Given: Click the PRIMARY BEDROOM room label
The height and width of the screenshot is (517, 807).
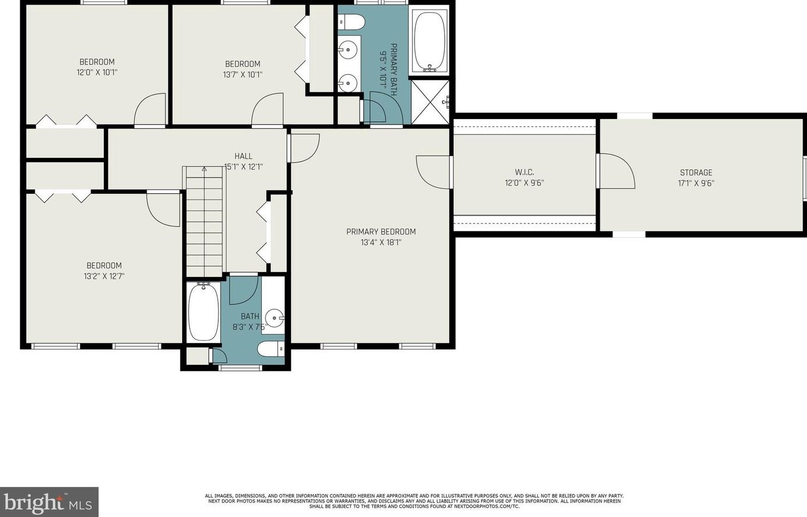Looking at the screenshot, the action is [x=381, y=232].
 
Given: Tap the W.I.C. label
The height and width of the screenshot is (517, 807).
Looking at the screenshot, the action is [x=524, y=172].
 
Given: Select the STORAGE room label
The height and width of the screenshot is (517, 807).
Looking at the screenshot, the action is [x=696, y=172].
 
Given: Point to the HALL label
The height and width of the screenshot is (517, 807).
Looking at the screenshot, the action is [x=243, y=156].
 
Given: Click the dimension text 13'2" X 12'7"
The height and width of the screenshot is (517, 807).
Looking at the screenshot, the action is [x=104, y=276].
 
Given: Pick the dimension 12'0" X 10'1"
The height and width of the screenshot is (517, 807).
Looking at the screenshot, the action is [x=97, y=73].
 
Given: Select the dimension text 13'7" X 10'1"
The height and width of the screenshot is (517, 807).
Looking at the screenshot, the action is [x=243, y=74].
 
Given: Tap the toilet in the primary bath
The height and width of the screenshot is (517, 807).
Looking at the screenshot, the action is [x=351, y=22].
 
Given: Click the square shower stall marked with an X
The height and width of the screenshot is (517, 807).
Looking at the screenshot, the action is [x=430, y=102].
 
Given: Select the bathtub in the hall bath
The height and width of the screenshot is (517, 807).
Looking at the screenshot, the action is [x=203, y=312].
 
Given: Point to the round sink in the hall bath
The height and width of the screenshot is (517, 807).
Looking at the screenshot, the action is [x=275, y=318].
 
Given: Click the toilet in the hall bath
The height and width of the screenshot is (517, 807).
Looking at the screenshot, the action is [x=271, y=349].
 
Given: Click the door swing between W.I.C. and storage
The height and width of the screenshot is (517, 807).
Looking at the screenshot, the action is [x=615, y=171].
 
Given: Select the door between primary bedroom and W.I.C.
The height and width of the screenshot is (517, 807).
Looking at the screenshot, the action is [x=433, y=172].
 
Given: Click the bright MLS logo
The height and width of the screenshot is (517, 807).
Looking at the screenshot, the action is [x=49, y=502].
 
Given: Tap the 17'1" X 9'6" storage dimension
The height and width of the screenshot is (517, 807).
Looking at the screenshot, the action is [x=696, y=183].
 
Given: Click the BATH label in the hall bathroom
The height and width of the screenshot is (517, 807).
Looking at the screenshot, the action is [x=250, y=316].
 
